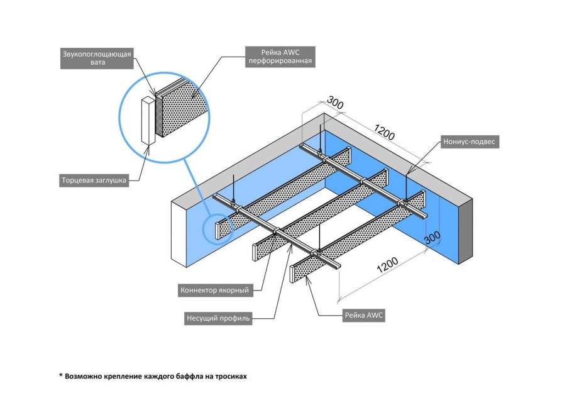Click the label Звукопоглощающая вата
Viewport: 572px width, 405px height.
click(x=96, y=58)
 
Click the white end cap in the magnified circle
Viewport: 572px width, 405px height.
click(x=148, y=120)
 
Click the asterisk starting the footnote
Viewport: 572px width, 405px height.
click(x=62, y=376)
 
